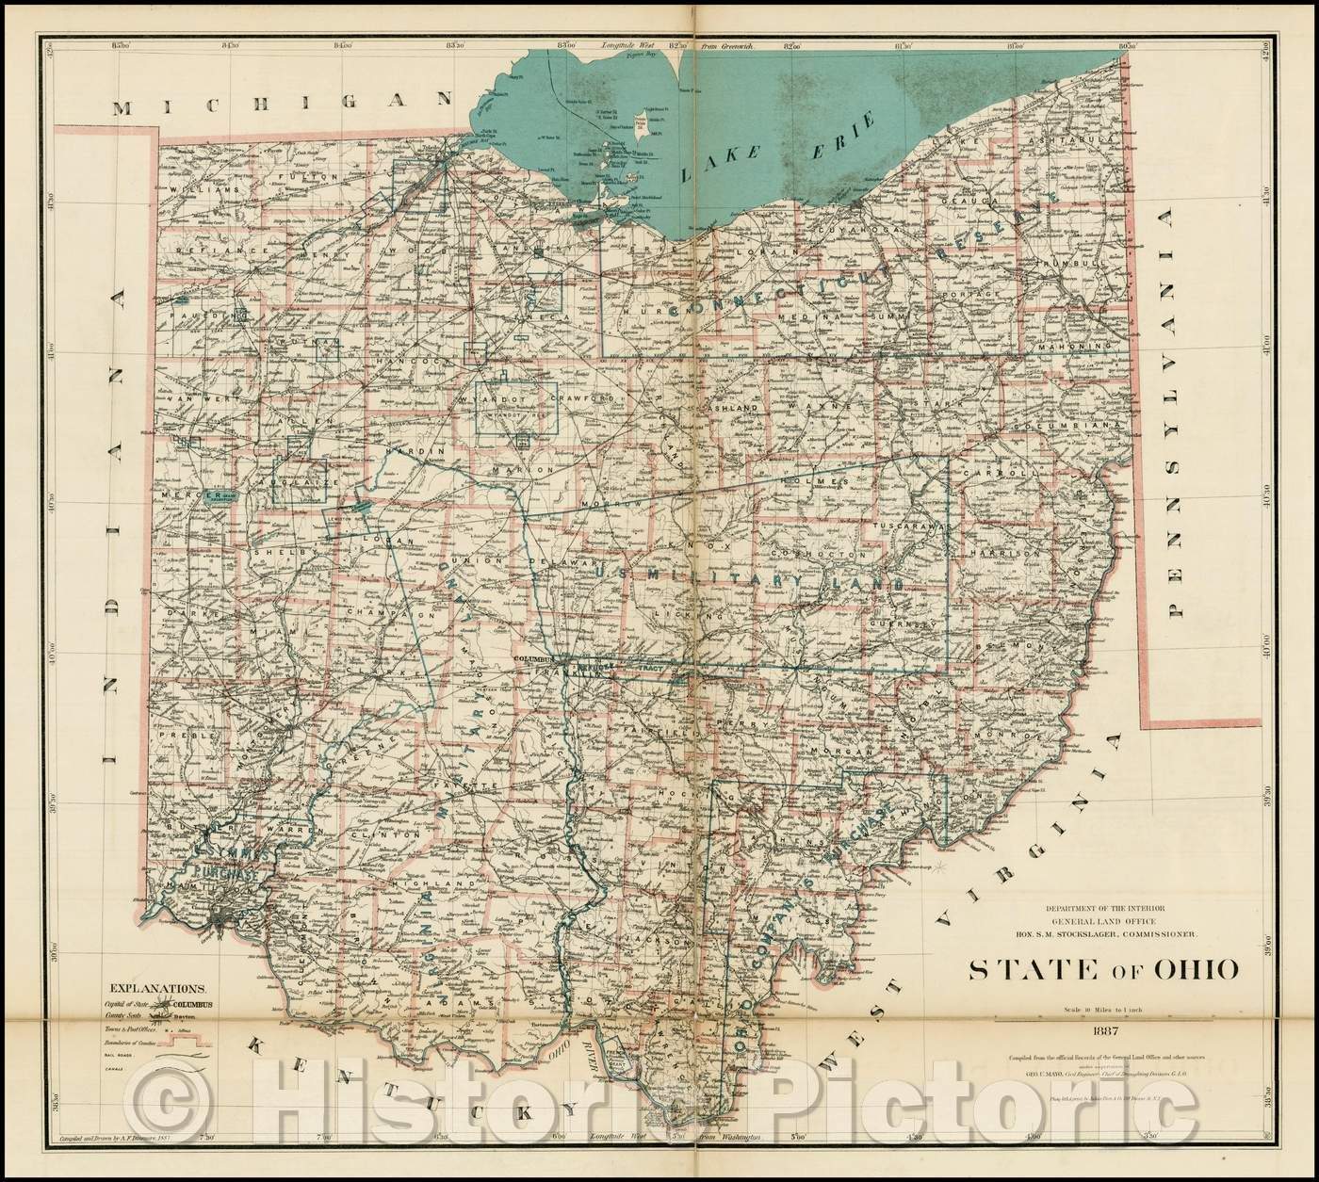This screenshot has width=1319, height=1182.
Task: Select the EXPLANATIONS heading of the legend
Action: click(158, 988)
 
